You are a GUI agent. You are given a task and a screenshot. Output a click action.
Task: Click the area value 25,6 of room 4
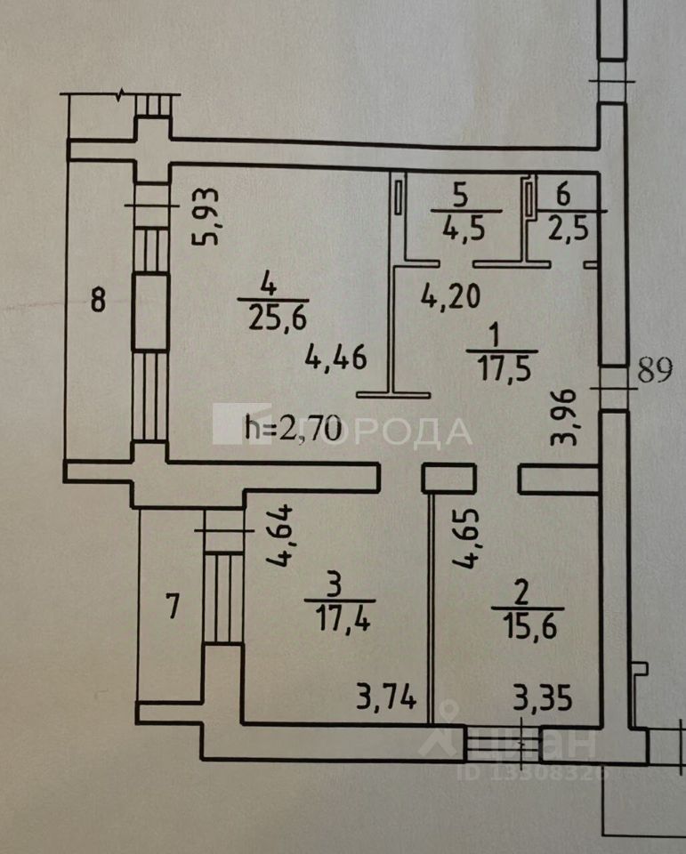pos(272,316)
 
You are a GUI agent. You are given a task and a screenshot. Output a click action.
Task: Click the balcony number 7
pos(174,608)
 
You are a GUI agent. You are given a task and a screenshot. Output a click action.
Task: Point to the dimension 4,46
pos(335,359)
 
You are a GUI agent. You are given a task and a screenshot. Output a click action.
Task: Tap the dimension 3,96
pos(575,415)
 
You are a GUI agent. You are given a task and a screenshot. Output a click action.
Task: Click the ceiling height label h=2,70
pos(292,431)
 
